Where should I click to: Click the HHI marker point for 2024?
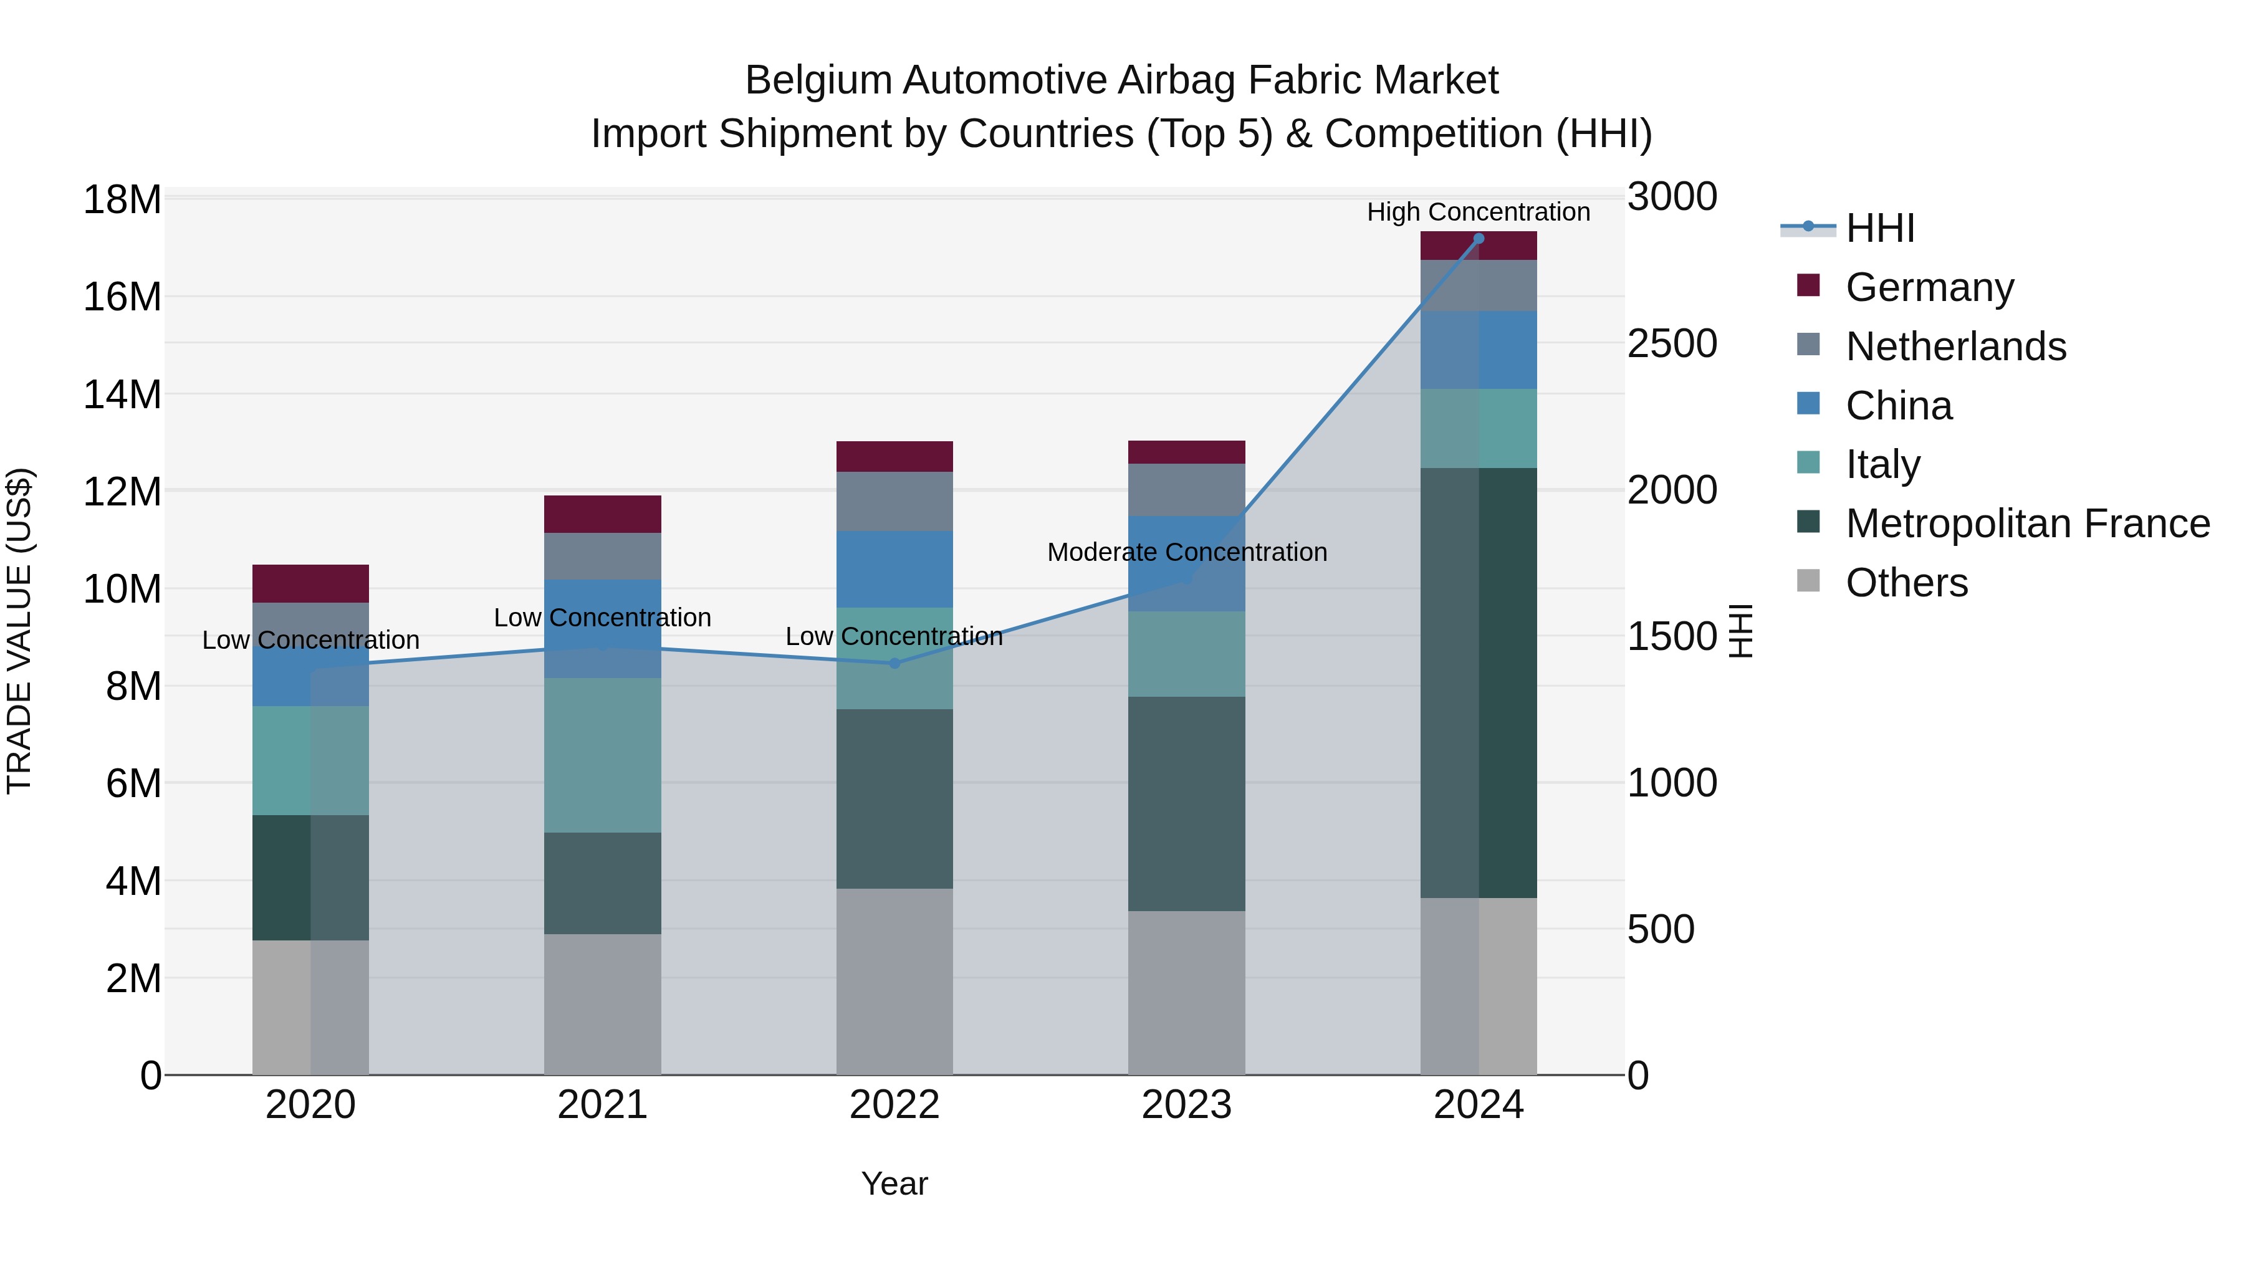click(1479, 239)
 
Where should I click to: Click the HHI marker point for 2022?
click(894, 664)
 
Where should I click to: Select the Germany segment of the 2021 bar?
click(603, 514)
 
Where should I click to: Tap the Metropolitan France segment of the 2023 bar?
click(1186, 804)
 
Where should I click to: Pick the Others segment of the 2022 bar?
click(894, 982)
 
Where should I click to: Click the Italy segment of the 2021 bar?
click(603, 755)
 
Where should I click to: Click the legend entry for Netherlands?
click(1955, 347)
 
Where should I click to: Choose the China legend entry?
click(1899, 406)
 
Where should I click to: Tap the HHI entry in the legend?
click(1880, 228)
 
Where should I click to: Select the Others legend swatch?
click(1808, 581)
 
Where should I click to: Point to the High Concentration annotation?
click(1479, 212)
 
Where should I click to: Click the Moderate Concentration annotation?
click(1186, 552)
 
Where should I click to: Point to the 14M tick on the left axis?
click(122, 394)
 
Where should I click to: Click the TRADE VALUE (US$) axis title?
click(19, 631)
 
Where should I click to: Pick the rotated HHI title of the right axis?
click(1740, 631)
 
